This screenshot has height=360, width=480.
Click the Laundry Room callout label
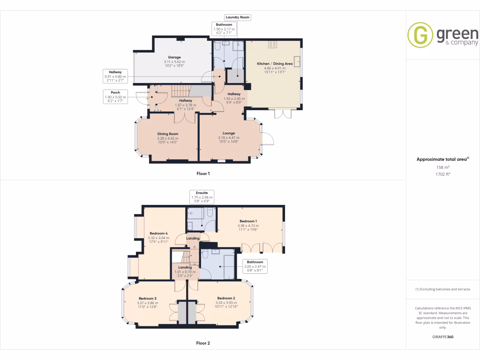click(x=238, y=17)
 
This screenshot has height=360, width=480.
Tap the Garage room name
click(x=174, y=57)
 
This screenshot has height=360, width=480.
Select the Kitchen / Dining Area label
click(x=274, y=63)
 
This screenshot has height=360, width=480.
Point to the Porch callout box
click(x=115, y=96)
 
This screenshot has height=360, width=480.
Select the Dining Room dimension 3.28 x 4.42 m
click(x=167, y=138)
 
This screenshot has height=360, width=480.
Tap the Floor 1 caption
click(x=203, y=173)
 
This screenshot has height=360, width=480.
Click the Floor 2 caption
click(x=203, y=343)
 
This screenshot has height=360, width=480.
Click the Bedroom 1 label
click(x=248, y=221)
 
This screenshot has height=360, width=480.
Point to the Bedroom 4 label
click(x=158, y=233)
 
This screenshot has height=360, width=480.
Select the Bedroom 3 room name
click(x=147, y=298)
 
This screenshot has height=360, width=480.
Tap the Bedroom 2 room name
click(x=225, y=298)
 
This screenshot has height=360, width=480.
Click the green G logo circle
click(x=420, y=35)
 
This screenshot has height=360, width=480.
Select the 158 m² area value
click(x=442, y=167)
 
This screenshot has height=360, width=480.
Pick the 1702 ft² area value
click(x=442, y=174)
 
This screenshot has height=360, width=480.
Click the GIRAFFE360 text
click(x=443, y=337)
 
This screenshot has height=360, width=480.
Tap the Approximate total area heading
click(x=442, y=159)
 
